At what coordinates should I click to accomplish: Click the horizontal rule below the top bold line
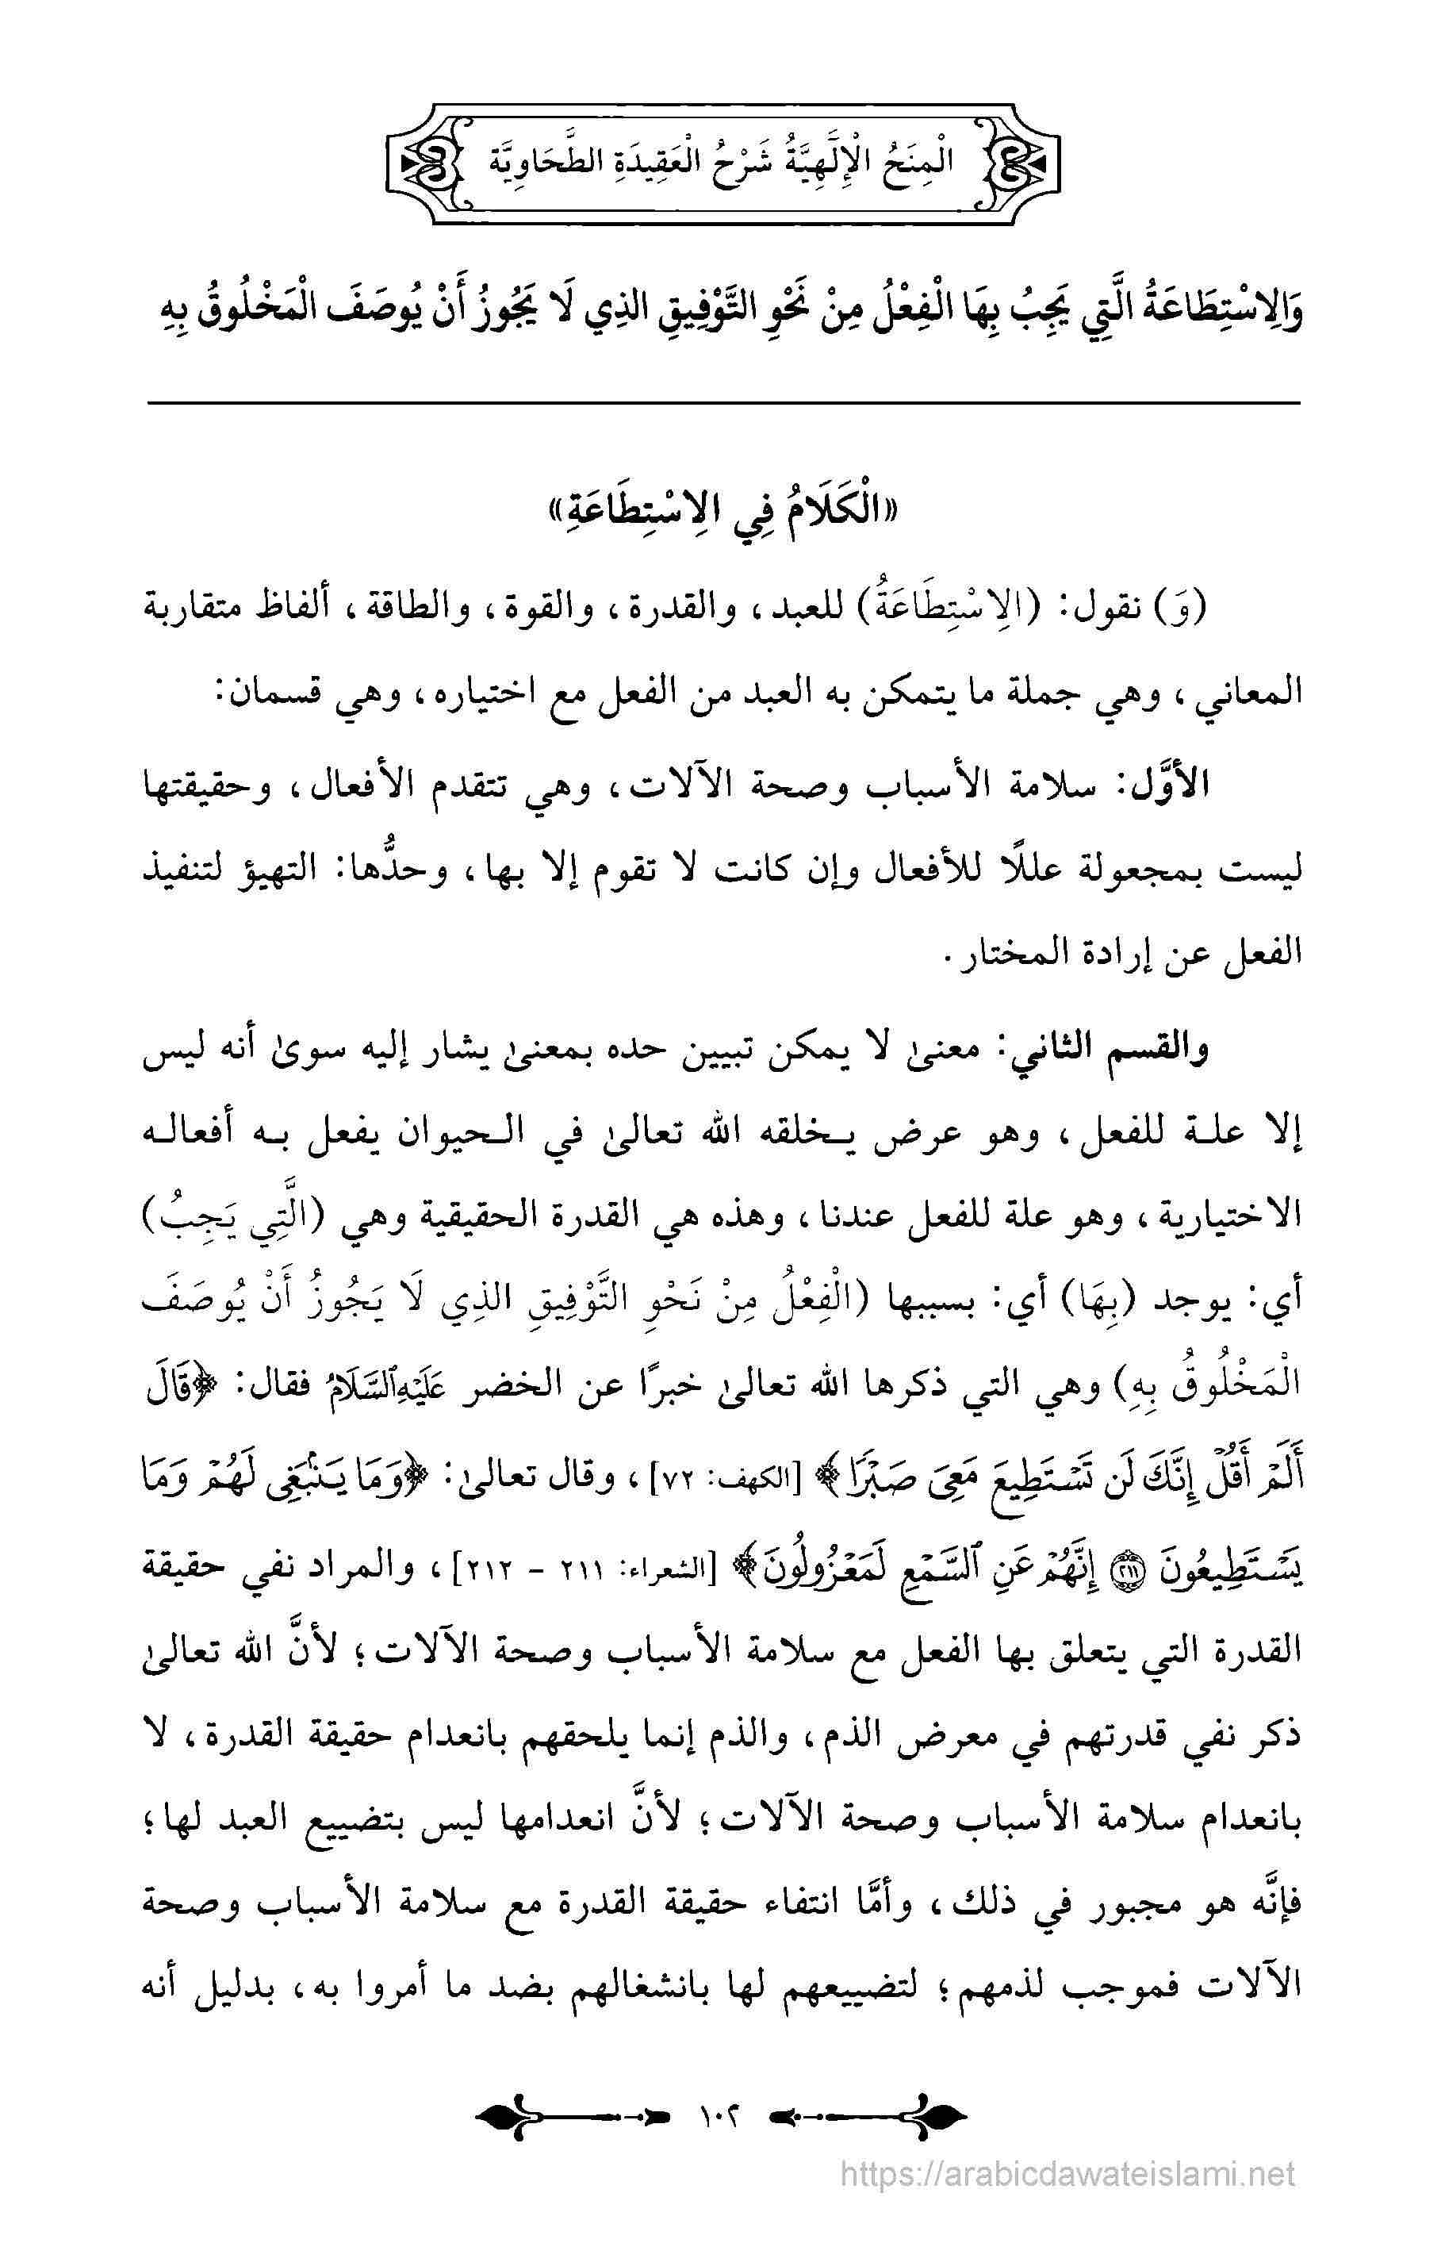coord(722,404)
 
